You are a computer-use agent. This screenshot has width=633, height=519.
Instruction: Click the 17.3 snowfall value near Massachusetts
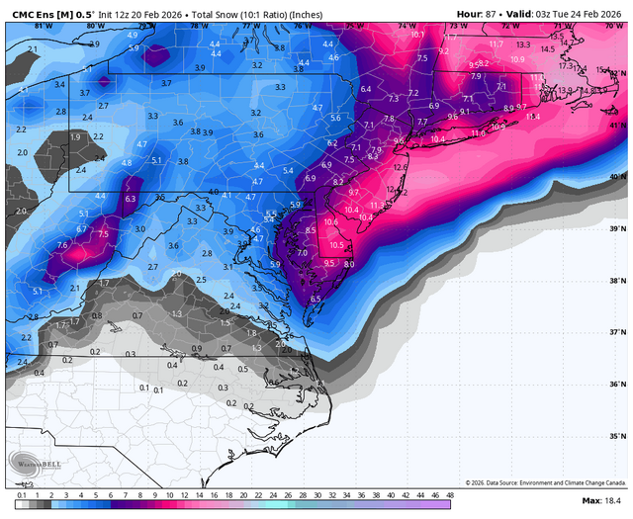[x=566, y=65]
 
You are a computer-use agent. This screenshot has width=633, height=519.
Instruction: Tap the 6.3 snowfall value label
[x=131, y=199]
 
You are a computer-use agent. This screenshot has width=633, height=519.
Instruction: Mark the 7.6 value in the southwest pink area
[x=63, y=245]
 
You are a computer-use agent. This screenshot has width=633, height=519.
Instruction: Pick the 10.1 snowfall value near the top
[x=416, y=34]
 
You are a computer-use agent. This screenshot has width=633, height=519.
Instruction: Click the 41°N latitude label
[x=618, y=126]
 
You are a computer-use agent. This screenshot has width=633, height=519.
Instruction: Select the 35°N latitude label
[x=618, y=436]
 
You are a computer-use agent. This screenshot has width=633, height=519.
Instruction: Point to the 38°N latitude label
[x=618, y=281]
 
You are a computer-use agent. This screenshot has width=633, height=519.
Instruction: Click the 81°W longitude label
[x=31, y=26]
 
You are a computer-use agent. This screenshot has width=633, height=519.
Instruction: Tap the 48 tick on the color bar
[x=450, y=494]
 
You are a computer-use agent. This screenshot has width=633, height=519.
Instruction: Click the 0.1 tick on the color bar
[x=21, y=494]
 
